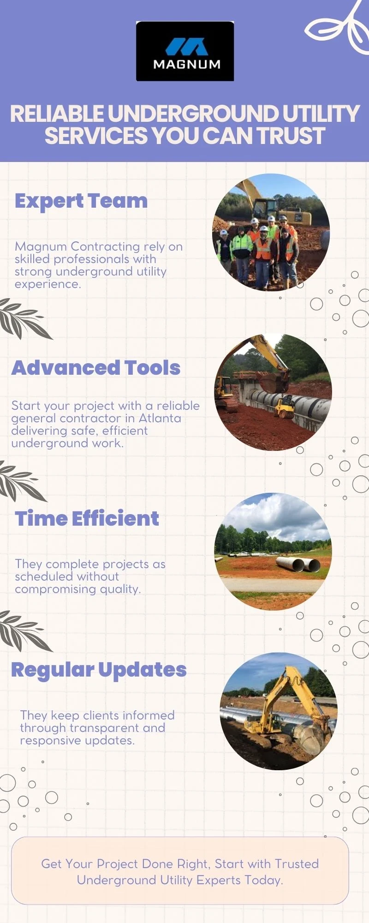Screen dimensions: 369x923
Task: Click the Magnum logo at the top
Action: (185, 51)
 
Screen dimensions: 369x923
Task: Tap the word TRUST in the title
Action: (291, 136)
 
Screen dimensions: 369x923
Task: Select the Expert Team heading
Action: (81, 201)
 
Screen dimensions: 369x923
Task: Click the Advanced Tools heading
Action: (96, 368)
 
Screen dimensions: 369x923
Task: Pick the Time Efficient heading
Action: (87, 518)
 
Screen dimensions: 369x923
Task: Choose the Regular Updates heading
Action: (99, 670)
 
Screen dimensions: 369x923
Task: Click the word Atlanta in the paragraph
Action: (160, 418)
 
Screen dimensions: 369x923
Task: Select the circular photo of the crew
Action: (271, 232)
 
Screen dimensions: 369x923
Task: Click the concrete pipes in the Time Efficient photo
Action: (298, 564)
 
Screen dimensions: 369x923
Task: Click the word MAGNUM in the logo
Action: (187, 65)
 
